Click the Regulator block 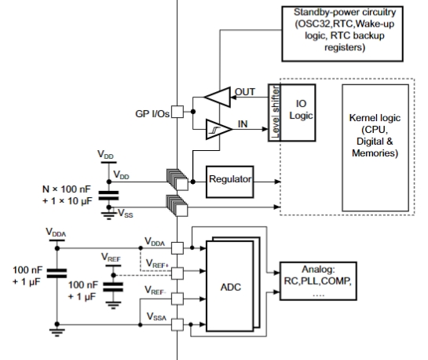point(230,182)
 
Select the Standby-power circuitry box point(342,34)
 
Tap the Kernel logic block point(375,148)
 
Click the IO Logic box point(298,112)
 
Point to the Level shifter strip point(274,112)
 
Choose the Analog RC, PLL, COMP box point(318,281)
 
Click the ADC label point(231,287)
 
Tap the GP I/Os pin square point(177,112)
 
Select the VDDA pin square point(177,248)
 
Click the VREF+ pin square point(177,273)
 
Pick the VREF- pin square point(177,299)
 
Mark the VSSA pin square point(177,325)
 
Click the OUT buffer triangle point(218,97)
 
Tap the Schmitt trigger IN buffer point(218,129)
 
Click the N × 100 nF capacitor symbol point(108,196)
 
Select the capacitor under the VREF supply point(113,288)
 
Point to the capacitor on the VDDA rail point(57,273)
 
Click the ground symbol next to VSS point(109,215)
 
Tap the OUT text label point(245,92)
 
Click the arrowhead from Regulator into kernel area point(277,182)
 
